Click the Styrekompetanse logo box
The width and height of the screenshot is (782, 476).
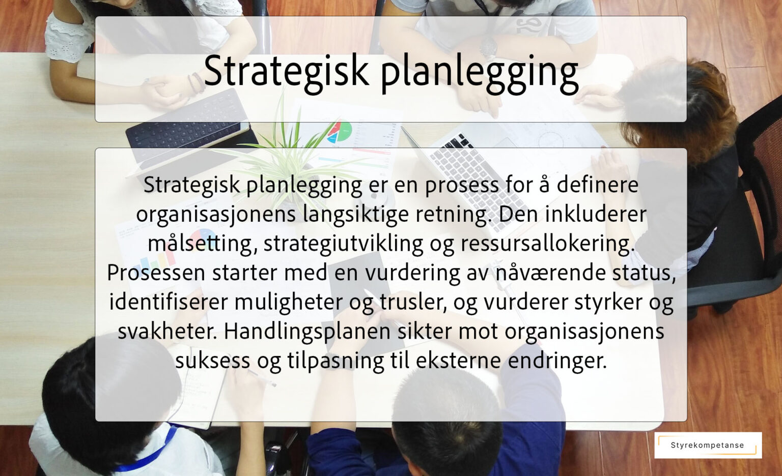(x=708, y=445)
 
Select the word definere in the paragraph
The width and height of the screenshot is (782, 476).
(x=597, y=184)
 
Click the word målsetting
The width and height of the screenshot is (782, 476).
(x=200, y=244)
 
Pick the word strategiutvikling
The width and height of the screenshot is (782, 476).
(x=343, y=244)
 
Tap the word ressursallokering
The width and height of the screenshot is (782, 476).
(x=547, y=244)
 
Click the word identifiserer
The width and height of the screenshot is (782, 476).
(x=168, y=302)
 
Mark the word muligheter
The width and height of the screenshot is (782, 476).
(x=288, y=302)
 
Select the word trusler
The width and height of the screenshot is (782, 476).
(x=413, y=302)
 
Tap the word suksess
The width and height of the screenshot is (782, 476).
(x=212, y=361)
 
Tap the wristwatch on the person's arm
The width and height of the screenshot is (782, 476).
(x=488, y=47)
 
